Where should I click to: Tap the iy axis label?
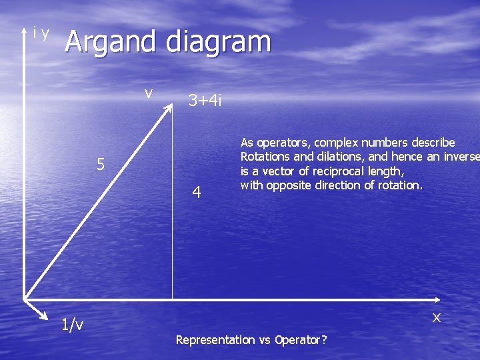pyautogui.click(x=41, y=33)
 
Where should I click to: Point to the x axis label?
pyautogui.click(x=437, y=317)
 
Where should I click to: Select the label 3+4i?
pyautogui.click(x=205, y=101)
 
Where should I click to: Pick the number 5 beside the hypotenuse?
pyautogui.click(x=100, y=164)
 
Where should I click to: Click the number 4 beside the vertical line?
pyautogui.click(x=196, y=193)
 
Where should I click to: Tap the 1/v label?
pyautogui.click(x=72, y=325)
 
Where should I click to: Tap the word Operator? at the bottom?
pyautogui.click(x=300, y=340)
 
